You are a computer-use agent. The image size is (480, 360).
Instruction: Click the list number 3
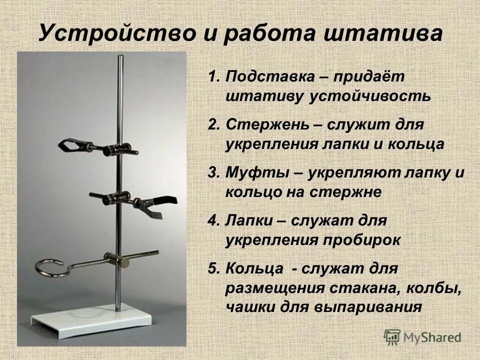tap(213, 173)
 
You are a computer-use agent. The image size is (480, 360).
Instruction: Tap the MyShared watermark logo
tap(422, 336)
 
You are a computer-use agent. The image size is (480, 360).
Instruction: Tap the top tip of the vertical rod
tap(120, 57)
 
